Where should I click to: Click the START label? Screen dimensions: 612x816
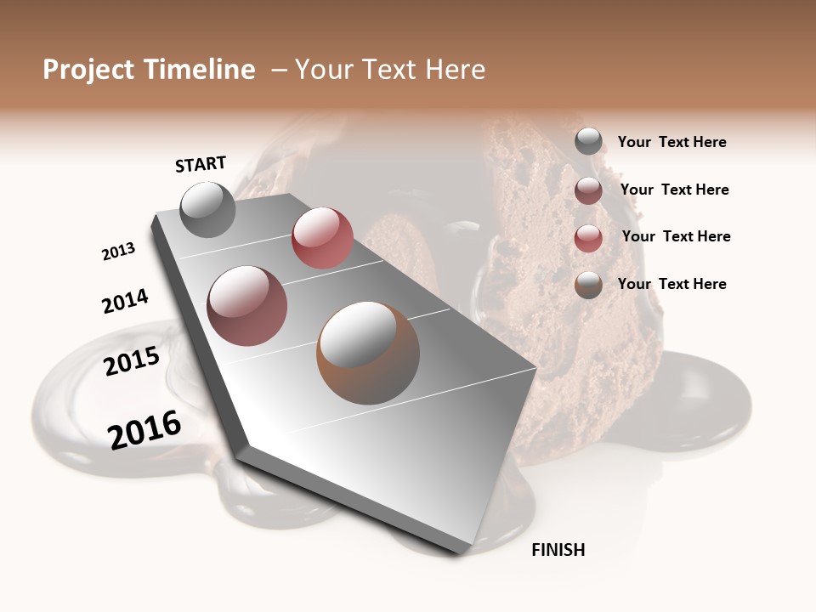tap(201, 164)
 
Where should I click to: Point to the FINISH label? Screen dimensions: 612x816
tap(558, 550)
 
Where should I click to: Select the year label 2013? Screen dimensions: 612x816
tap(118, 252)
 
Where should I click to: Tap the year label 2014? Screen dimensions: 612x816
tap(125, 301)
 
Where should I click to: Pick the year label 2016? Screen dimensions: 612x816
tap(144, 429)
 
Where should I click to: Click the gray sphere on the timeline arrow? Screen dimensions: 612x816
tap(207, 209)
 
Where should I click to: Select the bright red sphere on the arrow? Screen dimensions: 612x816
tap(322, 237)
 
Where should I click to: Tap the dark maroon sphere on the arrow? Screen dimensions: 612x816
tap(247, 306)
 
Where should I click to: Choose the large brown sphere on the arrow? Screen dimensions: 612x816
tap(368, 353)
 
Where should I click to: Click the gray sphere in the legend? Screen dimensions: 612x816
tap(588, 141)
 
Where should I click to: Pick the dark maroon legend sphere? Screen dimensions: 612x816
tap(588, 190)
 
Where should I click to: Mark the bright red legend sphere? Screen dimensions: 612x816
tap(588, 237)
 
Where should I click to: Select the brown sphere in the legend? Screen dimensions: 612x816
tap(588, 285)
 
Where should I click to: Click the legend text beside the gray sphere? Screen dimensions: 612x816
tap(671, 143)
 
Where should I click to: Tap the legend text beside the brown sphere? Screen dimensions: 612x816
tap(671, 284)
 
